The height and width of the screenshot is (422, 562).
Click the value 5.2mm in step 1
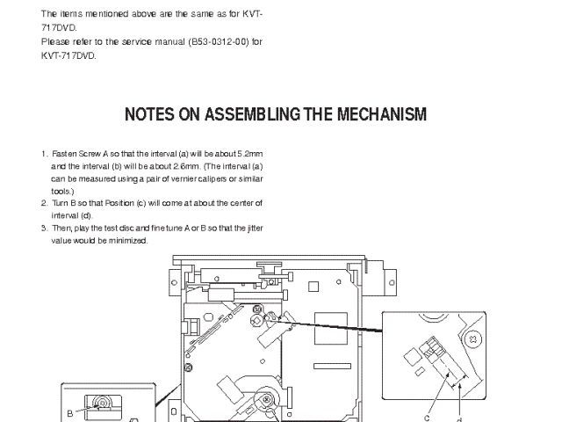[x=249, y=154]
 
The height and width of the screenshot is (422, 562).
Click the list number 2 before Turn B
[x=44, y=203]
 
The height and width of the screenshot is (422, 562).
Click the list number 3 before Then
[x=44, y=228]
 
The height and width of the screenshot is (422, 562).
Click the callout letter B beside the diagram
[x=69, y=411]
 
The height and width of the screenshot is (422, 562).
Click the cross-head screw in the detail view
[x=472, y=338]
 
